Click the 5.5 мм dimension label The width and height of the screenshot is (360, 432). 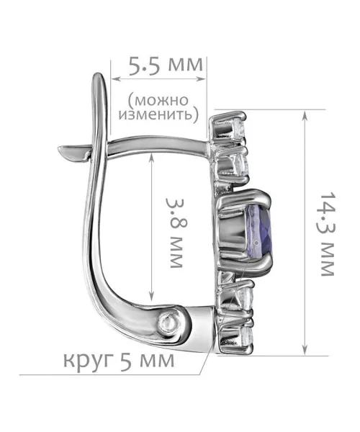(166, 66)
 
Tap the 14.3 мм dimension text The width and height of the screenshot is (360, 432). (328, 233)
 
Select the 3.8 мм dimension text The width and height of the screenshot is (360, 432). (175, 233)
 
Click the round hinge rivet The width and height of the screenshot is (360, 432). (168, 321)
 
